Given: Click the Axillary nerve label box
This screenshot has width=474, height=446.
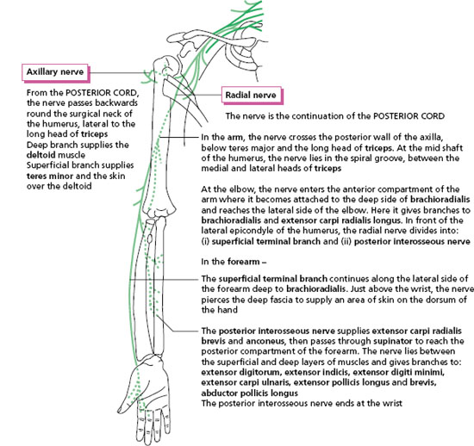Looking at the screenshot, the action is (55, 72).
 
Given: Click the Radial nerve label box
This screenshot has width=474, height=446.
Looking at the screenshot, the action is (252, 96).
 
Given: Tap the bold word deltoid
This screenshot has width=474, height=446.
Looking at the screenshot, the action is (41, 155).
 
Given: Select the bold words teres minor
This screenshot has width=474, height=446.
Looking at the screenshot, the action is (50, 176).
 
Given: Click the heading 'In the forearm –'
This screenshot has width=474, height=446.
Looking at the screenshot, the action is (234, 262).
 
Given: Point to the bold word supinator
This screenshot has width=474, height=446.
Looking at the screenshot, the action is (393, 341).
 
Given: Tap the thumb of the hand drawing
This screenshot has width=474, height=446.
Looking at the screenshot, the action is (126, 399).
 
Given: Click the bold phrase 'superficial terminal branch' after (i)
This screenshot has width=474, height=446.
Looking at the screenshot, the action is (265, 242).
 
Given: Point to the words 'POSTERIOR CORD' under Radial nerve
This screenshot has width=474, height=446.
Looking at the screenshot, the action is (409, 116).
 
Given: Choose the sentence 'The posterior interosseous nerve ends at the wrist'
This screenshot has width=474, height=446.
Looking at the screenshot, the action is (302, 404).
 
